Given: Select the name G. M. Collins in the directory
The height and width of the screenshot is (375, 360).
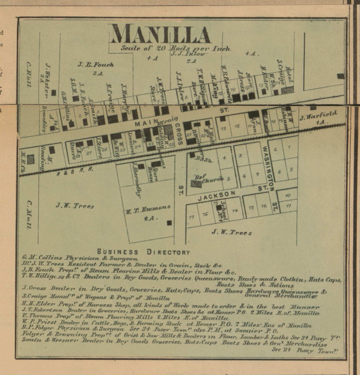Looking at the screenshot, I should (x=39, y=257).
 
